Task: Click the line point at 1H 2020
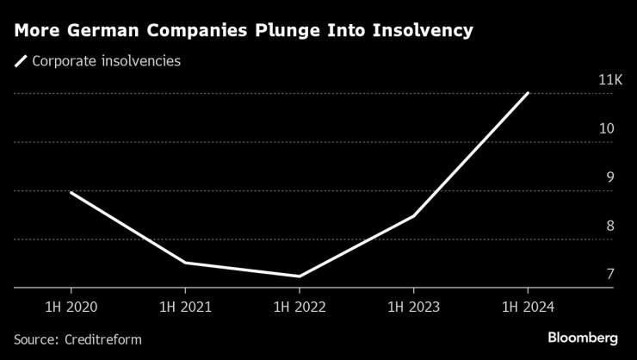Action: (71, 192)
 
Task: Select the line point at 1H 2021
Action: (185, 262)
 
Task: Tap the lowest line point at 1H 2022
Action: (299, 276)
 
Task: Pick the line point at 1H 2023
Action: (413, 215)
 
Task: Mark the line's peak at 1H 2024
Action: (527, 93)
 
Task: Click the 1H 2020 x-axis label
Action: (71, 307)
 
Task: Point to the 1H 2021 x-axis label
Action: (185, 307)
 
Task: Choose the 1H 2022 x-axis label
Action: (299, 307)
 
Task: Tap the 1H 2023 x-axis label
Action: (413, 307)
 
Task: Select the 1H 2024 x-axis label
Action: (527, 307)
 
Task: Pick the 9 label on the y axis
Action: (609, 177)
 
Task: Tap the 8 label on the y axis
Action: (609, 226)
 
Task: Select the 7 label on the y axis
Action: (609, 274)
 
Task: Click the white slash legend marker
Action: (20, 62)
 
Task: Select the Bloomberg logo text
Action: (583, 337)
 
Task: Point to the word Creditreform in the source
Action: (103, 339)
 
